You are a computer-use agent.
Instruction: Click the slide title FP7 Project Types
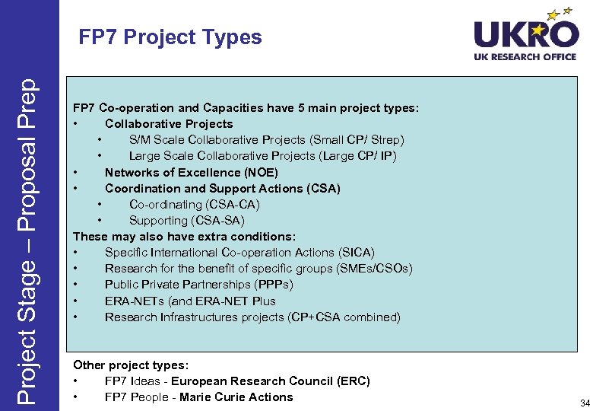pyautogui.click(x=170, y=37)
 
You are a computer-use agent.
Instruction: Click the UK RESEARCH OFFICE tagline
pyautogui.click(x=525, y=57)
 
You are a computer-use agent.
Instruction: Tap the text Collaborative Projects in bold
pyautogui.click(x=169, y=124)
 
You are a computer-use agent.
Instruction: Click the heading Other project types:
pyautogui.click(x=130, y=365)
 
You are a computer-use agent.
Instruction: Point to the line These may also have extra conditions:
pyautogui.click(x=184, y=236)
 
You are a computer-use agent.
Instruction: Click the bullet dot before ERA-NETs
pyautogui.click(x=77, y=301)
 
